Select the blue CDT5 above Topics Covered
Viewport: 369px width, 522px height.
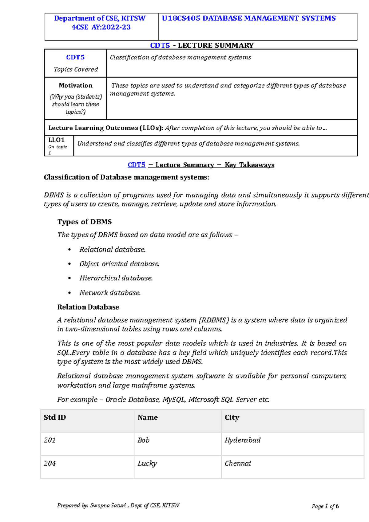75,57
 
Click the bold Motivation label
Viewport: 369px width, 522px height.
76,85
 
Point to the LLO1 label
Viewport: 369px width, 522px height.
56,140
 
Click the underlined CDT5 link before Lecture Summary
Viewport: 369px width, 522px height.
136,165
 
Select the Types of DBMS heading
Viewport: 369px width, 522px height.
84,222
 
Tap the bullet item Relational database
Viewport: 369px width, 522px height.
112,250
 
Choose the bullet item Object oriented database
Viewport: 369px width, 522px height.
119,264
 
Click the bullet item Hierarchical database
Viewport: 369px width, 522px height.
116,278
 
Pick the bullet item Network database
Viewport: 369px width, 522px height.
110,293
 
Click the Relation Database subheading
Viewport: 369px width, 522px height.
88,307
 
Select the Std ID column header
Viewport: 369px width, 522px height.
55,417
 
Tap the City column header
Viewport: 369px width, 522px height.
232,417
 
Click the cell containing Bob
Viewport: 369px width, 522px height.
143,440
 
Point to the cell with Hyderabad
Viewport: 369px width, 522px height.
242,440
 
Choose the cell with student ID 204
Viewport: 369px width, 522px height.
50,463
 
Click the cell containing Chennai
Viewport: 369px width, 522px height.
238,463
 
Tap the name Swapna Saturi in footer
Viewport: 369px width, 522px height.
108,505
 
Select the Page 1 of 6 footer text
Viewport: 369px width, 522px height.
325,506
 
